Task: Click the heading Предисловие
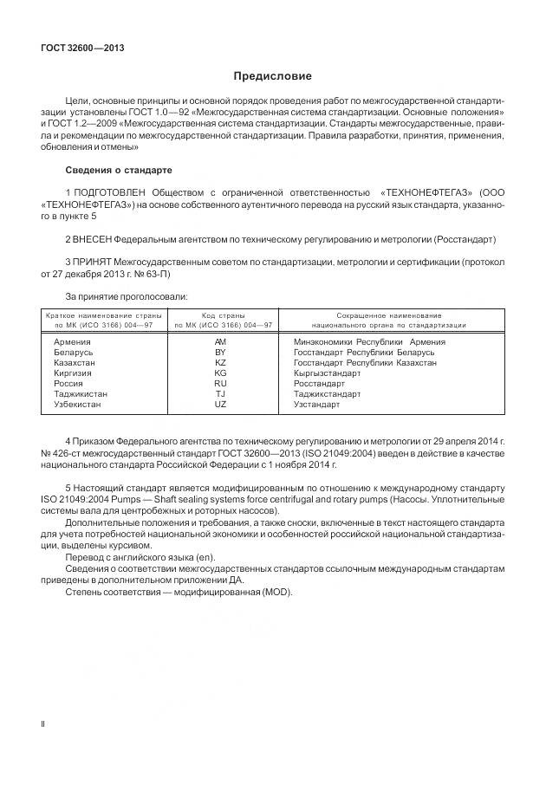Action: click(272, 77)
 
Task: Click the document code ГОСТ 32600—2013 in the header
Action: click(82, 48)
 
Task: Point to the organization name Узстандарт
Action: click(316, 405)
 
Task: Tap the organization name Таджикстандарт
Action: click(327, 394)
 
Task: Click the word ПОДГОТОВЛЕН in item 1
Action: click(110, 191)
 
